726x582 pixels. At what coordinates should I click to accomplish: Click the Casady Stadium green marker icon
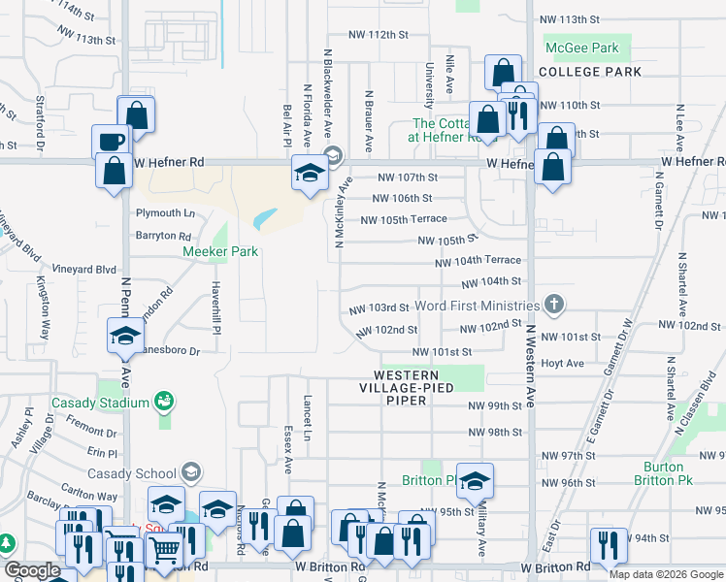[x=164, y=401]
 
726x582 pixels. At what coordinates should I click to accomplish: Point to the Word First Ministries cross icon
[x=554, y=305]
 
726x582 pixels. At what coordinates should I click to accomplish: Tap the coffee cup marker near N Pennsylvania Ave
[x=111, y=143]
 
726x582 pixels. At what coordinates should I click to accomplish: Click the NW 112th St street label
[x=378, y=35]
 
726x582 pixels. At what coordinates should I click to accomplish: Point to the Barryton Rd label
[x=163, y=236]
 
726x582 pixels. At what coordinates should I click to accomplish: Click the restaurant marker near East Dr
[x=609, y=545]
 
